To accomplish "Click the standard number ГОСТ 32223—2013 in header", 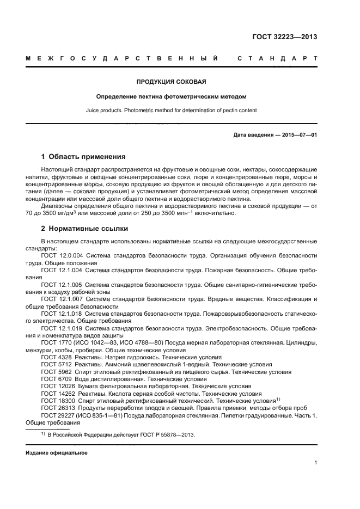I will point(285,38).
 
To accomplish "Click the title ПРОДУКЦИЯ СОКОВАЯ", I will point(171,82).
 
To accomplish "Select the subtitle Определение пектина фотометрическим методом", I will point(171,97).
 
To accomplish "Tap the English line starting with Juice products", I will point(171,110).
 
